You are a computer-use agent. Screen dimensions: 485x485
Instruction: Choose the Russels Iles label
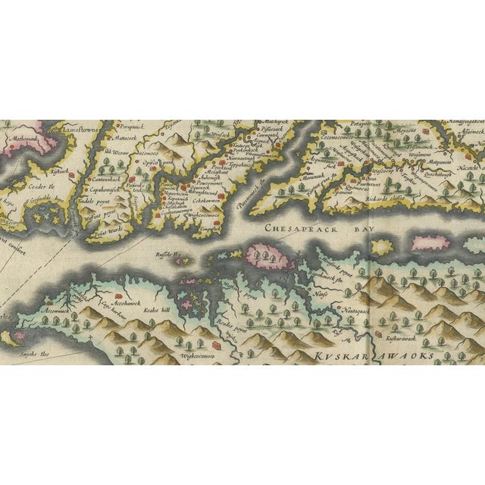(x=167, y=255)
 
